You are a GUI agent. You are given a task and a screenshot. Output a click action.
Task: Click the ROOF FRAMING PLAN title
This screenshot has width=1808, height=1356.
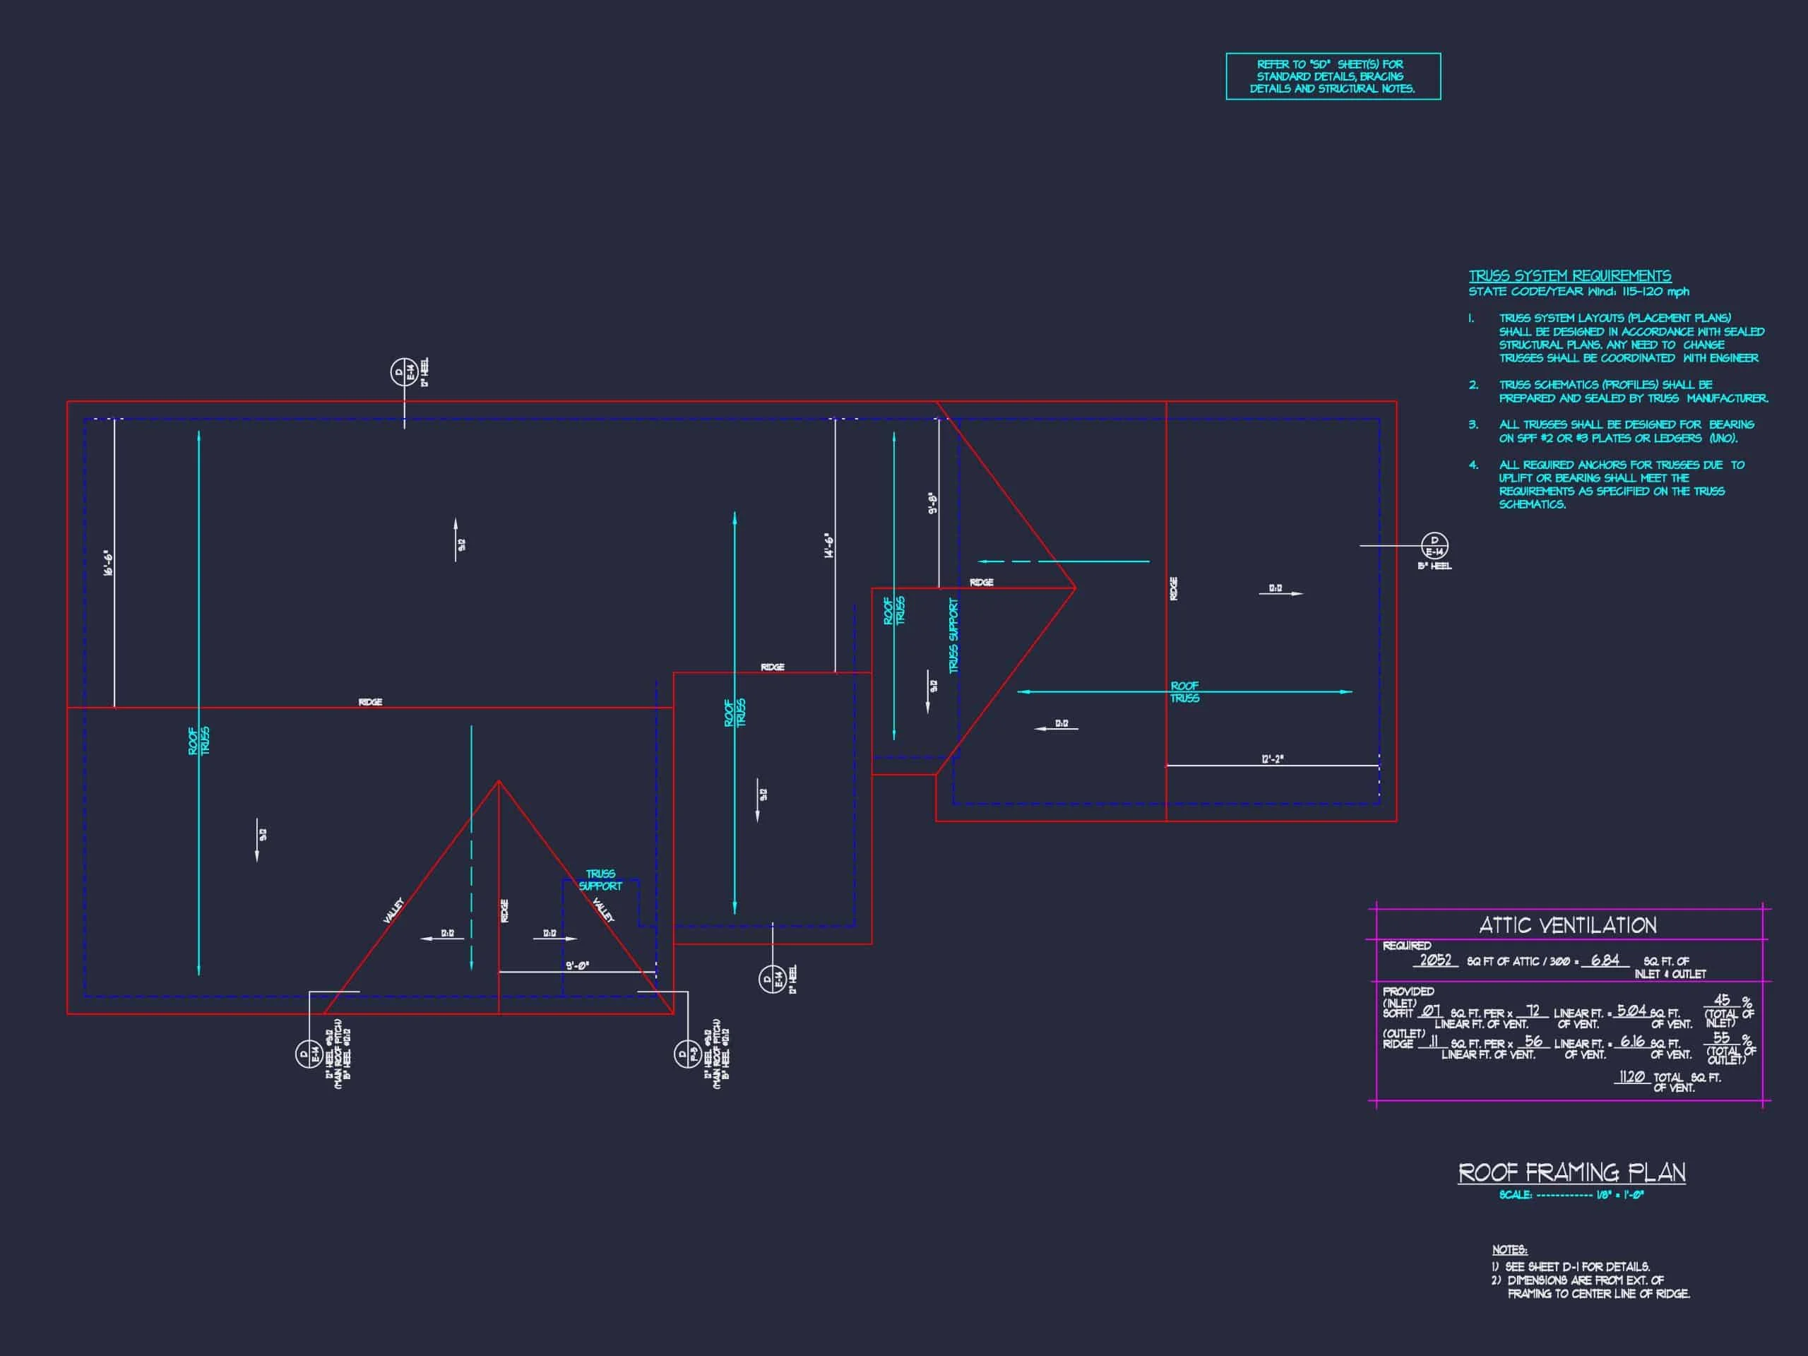pyautogui.click(x=1571, y=1173)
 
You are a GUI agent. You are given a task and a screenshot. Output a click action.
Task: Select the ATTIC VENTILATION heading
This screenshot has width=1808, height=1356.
pyautogui.click(x=1568, y=925)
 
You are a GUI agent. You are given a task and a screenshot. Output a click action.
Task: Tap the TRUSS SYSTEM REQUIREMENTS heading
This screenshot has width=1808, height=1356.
pyautogui.click(x=1569, y=276)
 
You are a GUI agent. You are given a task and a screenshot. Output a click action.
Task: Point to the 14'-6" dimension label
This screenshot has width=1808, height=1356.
pyautogui.click(x=829, y=546)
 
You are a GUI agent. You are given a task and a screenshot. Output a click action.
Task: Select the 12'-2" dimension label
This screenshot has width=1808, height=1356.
pyautogui.click(x=1272, y=759)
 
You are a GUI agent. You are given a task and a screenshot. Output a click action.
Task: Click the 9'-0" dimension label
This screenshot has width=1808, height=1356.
pyautogui.click(x=577, y=965)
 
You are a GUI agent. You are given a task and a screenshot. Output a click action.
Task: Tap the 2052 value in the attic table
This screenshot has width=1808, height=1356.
pyautogui.click(x=1435, y=961)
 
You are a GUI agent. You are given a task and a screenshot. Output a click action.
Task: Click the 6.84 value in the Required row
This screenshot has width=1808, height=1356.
pyautogui.click(x=1605, y=961)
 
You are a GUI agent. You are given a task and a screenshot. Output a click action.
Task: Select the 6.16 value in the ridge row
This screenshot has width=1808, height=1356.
pyautogui.click(x=1632, y=1041)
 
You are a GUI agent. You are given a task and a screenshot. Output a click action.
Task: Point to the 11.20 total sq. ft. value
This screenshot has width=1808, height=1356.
pyautogui.click(x=1631, y=1076)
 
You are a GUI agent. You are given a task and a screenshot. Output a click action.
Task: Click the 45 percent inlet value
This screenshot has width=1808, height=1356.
pyautogui.click(x=1721, y=1001)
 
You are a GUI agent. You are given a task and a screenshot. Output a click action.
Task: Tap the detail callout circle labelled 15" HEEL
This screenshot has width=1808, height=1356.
pyautogui.click(x=1434, y=545)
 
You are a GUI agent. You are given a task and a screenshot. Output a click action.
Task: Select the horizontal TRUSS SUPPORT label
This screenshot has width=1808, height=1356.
pyautogui.click(x=600, y=879)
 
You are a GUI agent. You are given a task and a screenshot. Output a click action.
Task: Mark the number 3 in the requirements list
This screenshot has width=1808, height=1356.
pyautogui.click(x=1473, y=425)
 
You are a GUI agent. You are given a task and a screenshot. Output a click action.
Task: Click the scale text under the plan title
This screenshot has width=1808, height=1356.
pyautogui.click(x=1571, y=1195)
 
